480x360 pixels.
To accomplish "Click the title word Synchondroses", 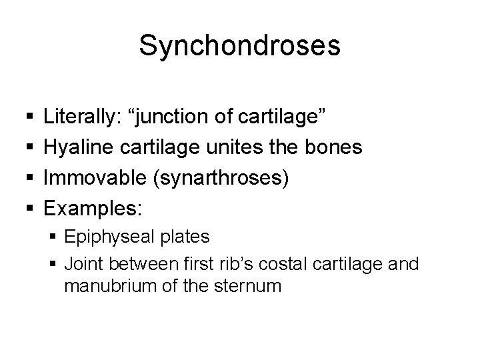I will point(240,46).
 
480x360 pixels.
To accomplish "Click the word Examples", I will point(93,207).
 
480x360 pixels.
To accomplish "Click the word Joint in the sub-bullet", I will point(83,265).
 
